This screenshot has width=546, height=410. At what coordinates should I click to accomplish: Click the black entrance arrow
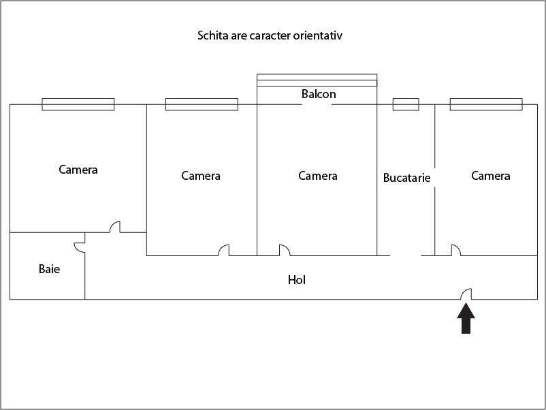(466, 319)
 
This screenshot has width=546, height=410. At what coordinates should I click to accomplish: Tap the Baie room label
(49, 269)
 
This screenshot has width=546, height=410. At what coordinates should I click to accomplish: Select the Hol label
(297, 280)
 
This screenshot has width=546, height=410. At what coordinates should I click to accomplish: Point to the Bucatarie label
(406, 178)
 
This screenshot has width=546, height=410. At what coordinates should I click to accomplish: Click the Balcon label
(319, 94)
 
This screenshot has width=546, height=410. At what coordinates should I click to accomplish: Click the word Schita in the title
(213, 35)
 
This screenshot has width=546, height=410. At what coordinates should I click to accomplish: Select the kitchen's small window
(406, 104)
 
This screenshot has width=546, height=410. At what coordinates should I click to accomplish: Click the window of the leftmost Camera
(78, 104)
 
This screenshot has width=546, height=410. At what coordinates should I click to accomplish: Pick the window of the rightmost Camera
(486, 104)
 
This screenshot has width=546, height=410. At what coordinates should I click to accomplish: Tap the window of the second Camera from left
(202, 104)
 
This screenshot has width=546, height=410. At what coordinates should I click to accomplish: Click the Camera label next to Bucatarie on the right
(491, 176)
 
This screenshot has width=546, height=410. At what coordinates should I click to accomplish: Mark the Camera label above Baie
(78, 170)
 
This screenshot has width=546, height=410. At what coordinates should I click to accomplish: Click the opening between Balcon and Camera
(317, 104)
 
